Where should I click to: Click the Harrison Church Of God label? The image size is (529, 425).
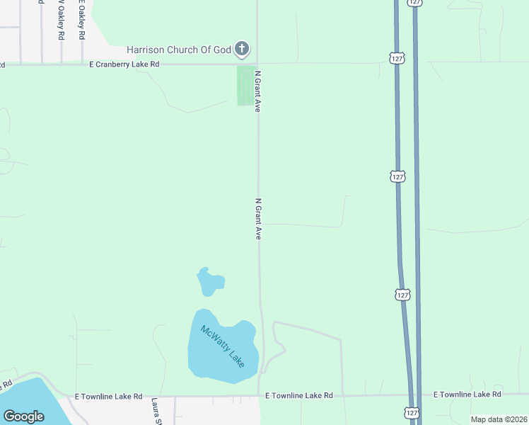click(180, 50)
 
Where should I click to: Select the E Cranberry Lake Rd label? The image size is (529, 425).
click(124, 64)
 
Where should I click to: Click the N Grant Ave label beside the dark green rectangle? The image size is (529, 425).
click(259, 91)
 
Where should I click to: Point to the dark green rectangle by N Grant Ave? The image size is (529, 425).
click(245, 86)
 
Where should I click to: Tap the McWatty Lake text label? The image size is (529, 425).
click(222, 346)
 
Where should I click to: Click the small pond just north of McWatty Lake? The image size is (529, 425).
click(209, 283)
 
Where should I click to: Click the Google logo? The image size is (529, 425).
click(23, 416)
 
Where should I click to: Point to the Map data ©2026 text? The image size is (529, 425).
click(499, 419)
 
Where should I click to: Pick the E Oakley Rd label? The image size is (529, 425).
click(81, 21)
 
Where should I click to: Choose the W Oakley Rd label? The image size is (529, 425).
click(61, 21)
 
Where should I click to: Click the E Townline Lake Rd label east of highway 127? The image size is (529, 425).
click(467, 394)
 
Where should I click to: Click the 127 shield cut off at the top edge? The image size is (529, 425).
click(415, 3)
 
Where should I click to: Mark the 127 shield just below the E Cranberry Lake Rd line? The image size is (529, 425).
click(397, 57)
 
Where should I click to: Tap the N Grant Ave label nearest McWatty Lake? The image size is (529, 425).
click(259, 218)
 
